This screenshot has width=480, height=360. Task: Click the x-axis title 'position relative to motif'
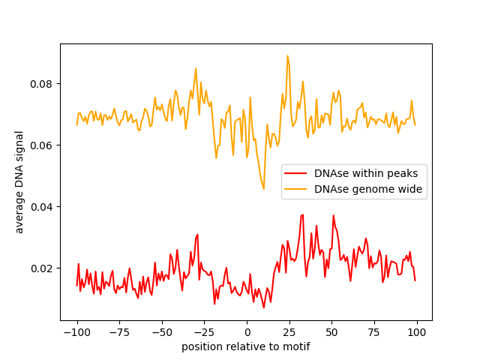click(246, 347)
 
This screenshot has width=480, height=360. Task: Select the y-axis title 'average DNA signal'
click(19, 182)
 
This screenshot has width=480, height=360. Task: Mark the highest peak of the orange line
click(287, 55)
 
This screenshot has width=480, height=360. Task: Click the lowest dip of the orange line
click(264, 188)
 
